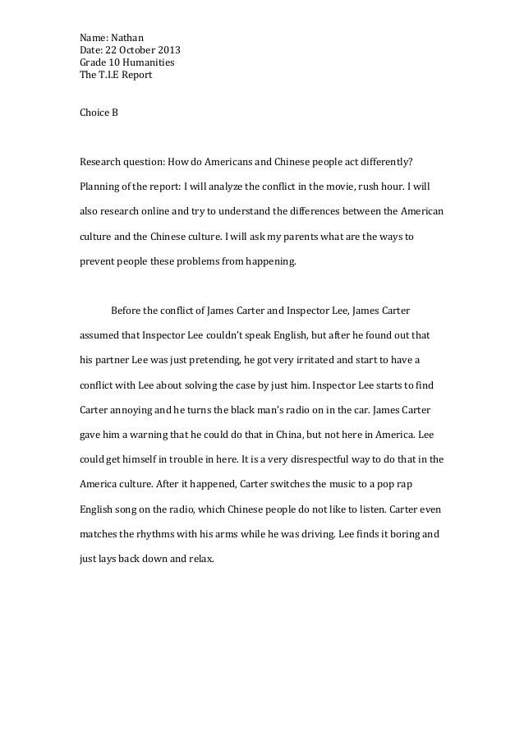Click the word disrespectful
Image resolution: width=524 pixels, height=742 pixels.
pyautogui.click(x=334, y=460)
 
